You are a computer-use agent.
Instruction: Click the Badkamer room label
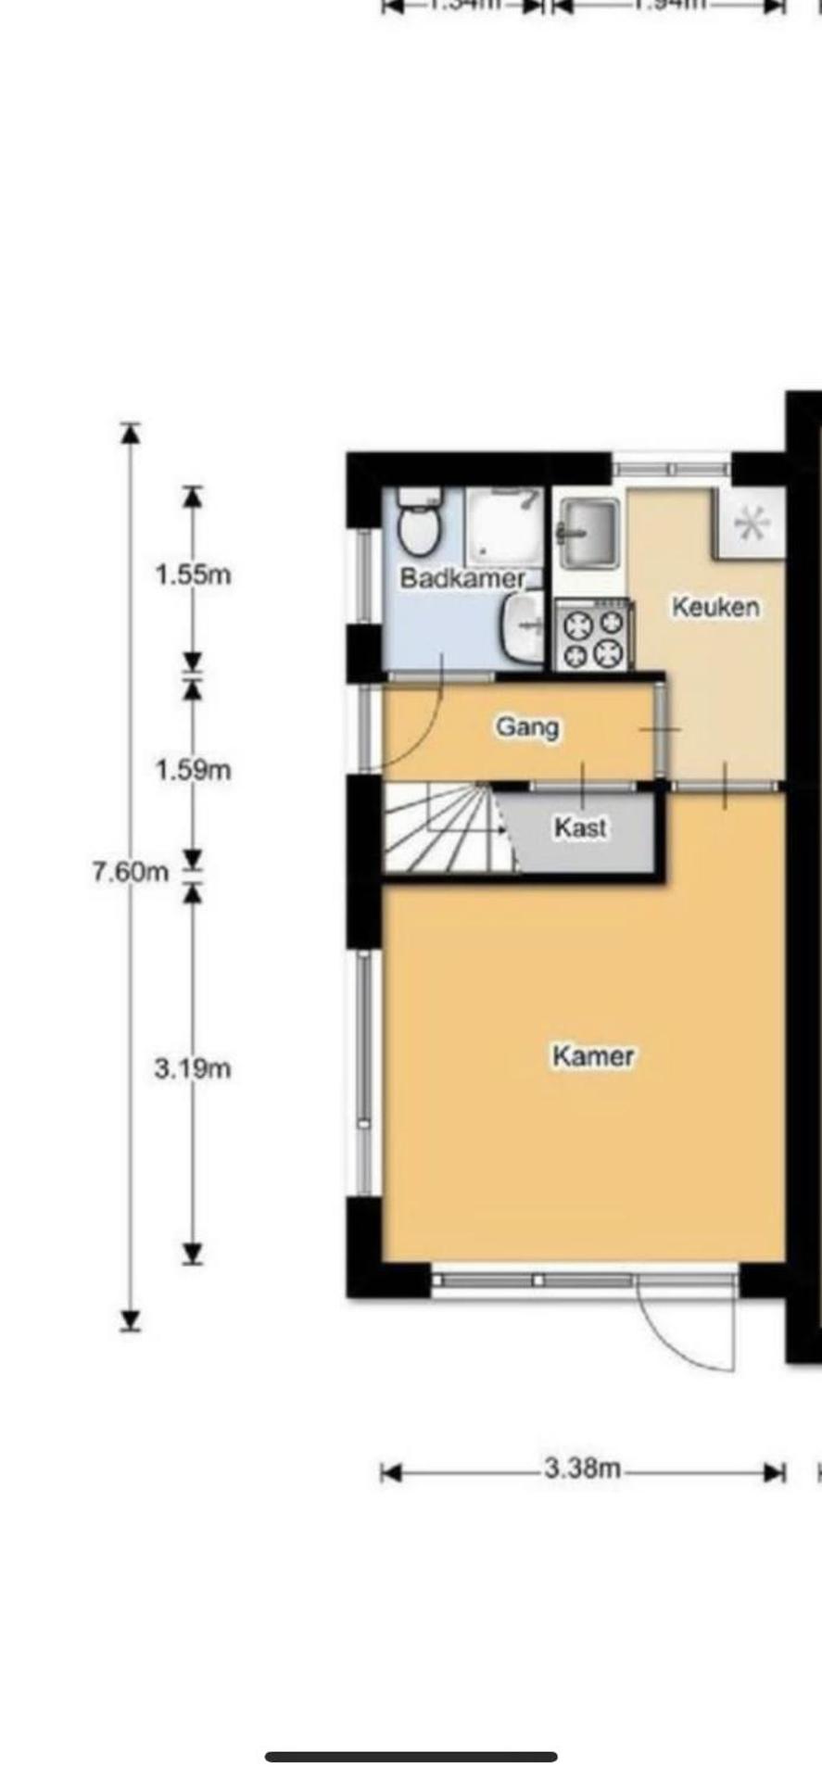pos(462,579)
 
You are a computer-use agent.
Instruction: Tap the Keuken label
pos(715,608)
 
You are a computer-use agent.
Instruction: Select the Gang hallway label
pos(527,726)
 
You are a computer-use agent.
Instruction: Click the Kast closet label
pos(581,826)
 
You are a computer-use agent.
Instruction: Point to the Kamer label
pos(593,1055)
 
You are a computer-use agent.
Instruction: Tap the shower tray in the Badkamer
pos(503,526)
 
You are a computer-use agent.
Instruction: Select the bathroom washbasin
pos(525,628)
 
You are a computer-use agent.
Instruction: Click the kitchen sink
pos(588,532)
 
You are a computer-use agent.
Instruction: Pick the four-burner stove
pos(593,636)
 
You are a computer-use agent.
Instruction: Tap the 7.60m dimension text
pos(131,872)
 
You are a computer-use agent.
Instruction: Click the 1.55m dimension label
pos(193,574)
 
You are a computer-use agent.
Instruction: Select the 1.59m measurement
pos(193,770)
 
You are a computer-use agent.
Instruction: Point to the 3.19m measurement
pos(193,1068)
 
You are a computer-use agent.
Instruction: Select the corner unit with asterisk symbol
pos(751,524)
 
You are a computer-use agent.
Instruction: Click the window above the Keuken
pos(671,468)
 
